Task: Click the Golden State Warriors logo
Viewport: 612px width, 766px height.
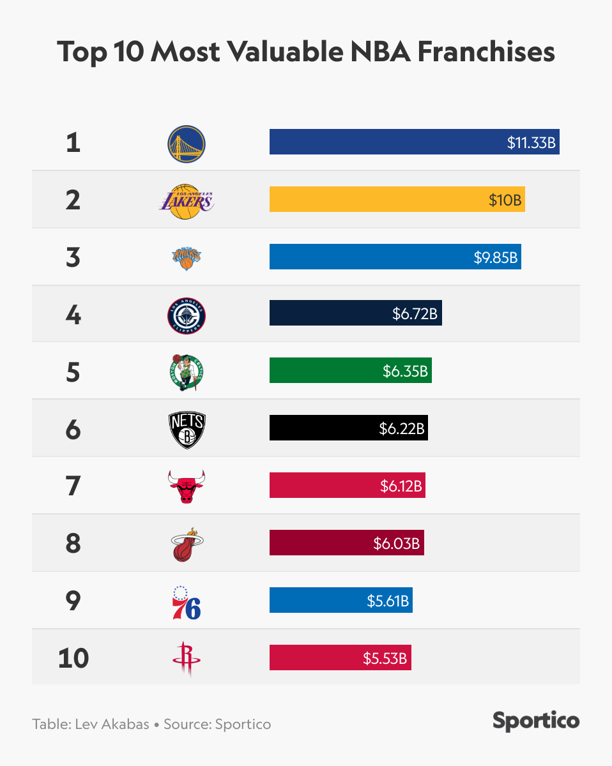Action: (187, 142)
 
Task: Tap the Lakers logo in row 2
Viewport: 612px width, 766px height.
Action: (186, 200)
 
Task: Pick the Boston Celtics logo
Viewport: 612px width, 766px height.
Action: (187, 372)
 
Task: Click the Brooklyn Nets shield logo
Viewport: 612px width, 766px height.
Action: (187, 429)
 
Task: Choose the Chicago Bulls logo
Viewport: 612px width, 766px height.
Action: (187, 486)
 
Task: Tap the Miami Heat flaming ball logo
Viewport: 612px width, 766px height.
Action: (187, 544)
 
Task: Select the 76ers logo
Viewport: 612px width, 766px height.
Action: (187, 601)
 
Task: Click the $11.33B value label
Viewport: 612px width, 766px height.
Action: (532, 142)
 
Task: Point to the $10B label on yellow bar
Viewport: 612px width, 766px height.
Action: (505, 200)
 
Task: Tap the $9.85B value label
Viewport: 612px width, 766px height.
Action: (495, 257)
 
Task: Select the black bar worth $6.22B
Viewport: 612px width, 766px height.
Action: (348, 428)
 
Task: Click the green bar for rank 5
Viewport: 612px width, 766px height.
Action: (350, 371)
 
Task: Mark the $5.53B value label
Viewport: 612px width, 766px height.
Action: (385, 658)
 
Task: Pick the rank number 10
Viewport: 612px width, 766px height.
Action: (73, 658)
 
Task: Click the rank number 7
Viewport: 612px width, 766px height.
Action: (73, 486)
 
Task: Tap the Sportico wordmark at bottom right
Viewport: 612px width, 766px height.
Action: (536, 721)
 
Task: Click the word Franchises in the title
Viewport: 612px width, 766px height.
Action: (486, 52)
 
